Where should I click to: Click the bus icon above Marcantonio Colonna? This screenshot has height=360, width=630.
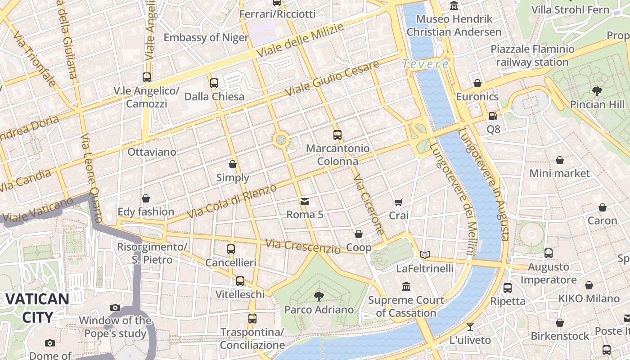pyautogui.click(x=337, y=135)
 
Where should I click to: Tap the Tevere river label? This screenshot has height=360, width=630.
pyautogui.click(x=426, y=64)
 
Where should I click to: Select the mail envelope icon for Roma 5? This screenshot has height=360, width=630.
pyautogui.click(x=305, y=201)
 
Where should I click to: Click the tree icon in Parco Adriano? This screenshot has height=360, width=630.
pyautogui.click(x=319, y=296)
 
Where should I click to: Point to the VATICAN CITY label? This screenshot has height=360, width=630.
pyautogui.click(x=38, y=308)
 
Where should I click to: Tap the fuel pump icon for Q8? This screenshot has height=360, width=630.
pyautogui.click(x=493, y=116)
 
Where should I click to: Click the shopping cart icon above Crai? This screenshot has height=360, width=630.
pyautogui.click(x=398, y=202)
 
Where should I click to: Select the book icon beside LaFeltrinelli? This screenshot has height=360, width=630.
pyautogui.click(x=425, y=255)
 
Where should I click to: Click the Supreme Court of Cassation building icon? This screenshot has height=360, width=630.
pyautogui.click(x=406, y=287)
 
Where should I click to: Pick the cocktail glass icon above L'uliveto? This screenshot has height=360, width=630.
pyautogui.click(x=470, y=326)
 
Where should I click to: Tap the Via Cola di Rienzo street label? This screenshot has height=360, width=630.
pyautogui.click(x=232, y=201)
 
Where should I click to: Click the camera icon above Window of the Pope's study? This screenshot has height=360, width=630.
pyautogui.click(x=115, y=307)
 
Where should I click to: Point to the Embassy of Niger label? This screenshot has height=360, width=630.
pyautogui.click(x=206, y=37)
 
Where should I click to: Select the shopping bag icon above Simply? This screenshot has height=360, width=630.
pyautogui.click(x=233, y=164)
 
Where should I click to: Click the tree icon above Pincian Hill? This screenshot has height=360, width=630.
pyautogui.click(x=597, y=91)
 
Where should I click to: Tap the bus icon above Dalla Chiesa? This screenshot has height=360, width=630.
pyautogui.click(x=214, y=83)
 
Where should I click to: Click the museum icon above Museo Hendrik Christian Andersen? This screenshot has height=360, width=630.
pyautogui.click(x=454, y=6)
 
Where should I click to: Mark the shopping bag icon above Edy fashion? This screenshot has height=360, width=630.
pyautogui.click(x=146, y=198)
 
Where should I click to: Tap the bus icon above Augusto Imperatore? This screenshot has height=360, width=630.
pyautogui.click(x=548, y=253)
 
